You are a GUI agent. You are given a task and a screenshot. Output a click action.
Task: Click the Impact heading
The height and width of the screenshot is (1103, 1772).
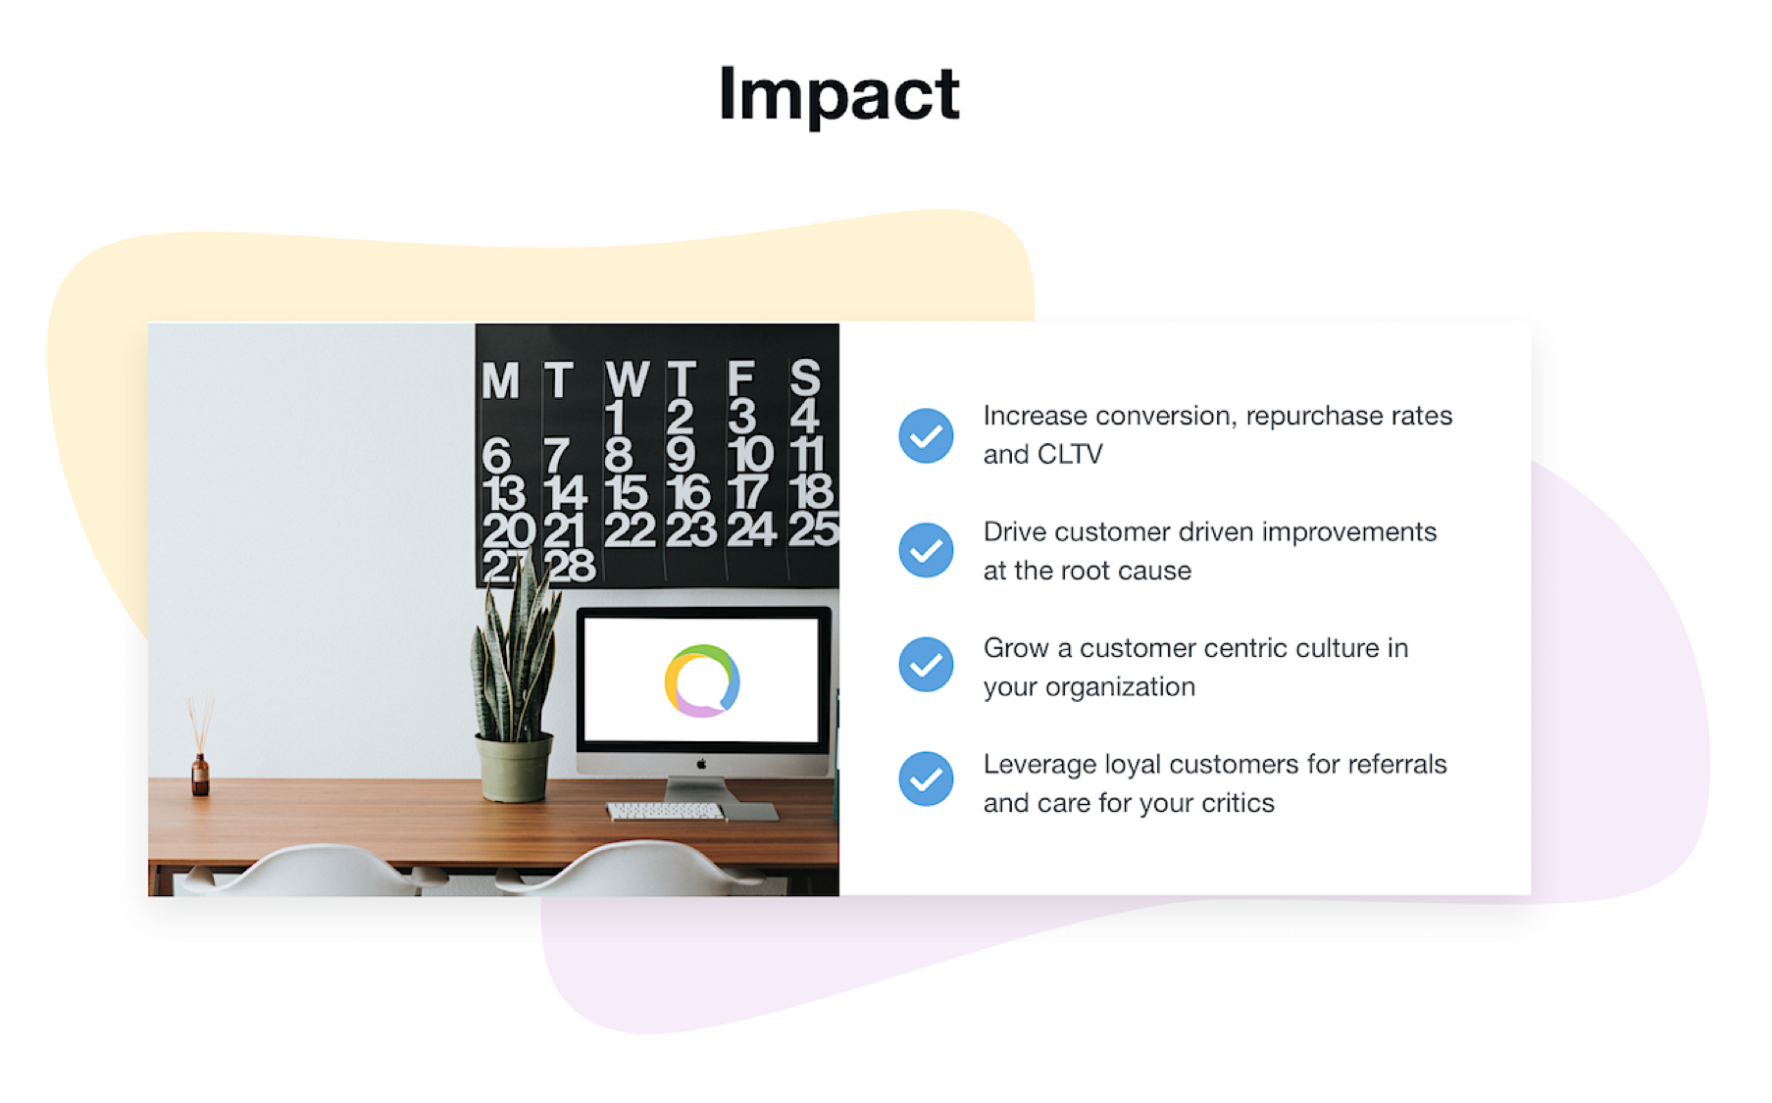click(x=838, y=94)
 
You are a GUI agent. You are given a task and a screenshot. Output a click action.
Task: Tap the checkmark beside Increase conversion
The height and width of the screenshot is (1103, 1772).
click(x=926, y=435)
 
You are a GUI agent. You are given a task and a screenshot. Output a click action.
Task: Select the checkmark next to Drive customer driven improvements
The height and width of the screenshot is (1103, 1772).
click(x=926, y=550)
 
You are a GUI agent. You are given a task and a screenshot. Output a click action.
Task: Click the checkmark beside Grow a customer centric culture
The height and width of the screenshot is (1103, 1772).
click(x=926, y=665)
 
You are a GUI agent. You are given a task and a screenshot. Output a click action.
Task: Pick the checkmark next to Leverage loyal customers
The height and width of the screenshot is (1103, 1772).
click(x=926, y=779)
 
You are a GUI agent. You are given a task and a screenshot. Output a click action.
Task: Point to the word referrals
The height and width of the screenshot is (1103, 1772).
click(x=1397, y=765)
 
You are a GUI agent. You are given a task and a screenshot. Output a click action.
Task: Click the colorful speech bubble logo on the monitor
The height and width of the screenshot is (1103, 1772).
click(x=702, y=680)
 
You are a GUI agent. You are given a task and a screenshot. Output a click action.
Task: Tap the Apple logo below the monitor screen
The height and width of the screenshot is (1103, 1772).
click(x=701, y=764)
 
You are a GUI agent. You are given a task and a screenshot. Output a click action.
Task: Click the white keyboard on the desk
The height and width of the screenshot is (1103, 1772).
click(x=665, y=811)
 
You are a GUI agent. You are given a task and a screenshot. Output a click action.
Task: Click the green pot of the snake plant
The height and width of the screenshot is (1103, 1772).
click(x=514, y=768)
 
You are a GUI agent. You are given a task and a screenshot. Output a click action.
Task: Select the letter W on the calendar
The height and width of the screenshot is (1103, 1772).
click(x=627, y=379)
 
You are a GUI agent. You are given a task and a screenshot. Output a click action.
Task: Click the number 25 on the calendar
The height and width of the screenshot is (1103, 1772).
click(x=813, y=529)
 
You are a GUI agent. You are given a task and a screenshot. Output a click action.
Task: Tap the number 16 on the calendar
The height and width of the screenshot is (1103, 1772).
click(x=688, y=492)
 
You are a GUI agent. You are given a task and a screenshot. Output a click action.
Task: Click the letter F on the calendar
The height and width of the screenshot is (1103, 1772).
click(x=740, y=379)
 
